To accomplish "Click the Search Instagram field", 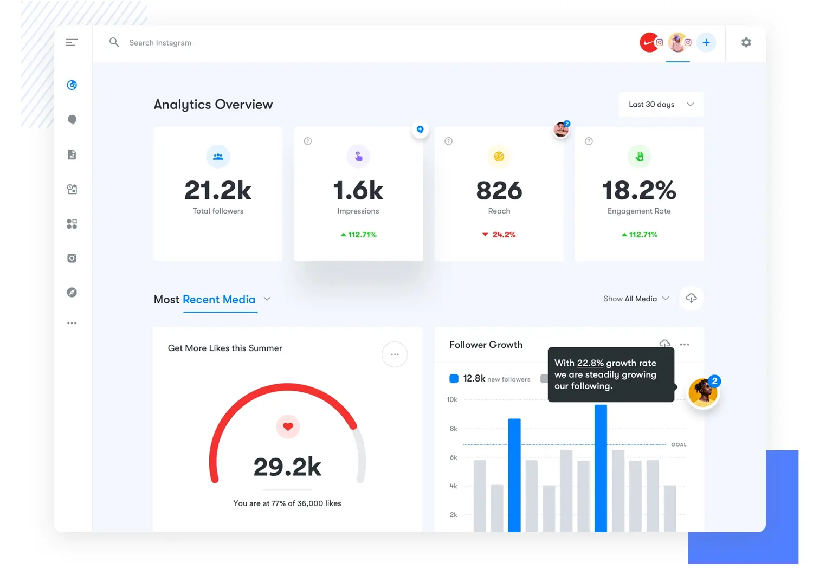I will point(160,43).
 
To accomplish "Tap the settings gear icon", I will point(746,42).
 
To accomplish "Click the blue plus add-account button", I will point(706,42).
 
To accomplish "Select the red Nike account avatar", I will point(649,42).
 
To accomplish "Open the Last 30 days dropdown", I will point(661,105).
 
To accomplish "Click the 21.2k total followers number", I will point(218,191).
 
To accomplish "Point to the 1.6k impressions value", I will point(358,191).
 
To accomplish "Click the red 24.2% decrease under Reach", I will point(499,235).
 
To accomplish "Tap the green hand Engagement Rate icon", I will point(640,157).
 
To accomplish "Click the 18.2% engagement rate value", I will point(639,191).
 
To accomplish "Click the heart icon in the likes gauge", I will point(288,426).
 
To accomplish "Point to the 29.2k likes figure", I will point(287,467).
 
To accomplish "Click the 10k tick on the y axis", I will point(452,400).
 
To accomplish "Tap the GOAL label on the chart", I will point(679,444).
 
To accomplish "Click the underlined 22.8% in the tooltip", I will point(590,363).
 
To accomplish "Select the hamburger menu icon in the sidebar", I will point(72,42).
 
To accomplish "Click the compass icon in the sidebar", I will point(72,293).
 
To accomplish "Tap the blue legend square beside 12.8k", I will point(454,379).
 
